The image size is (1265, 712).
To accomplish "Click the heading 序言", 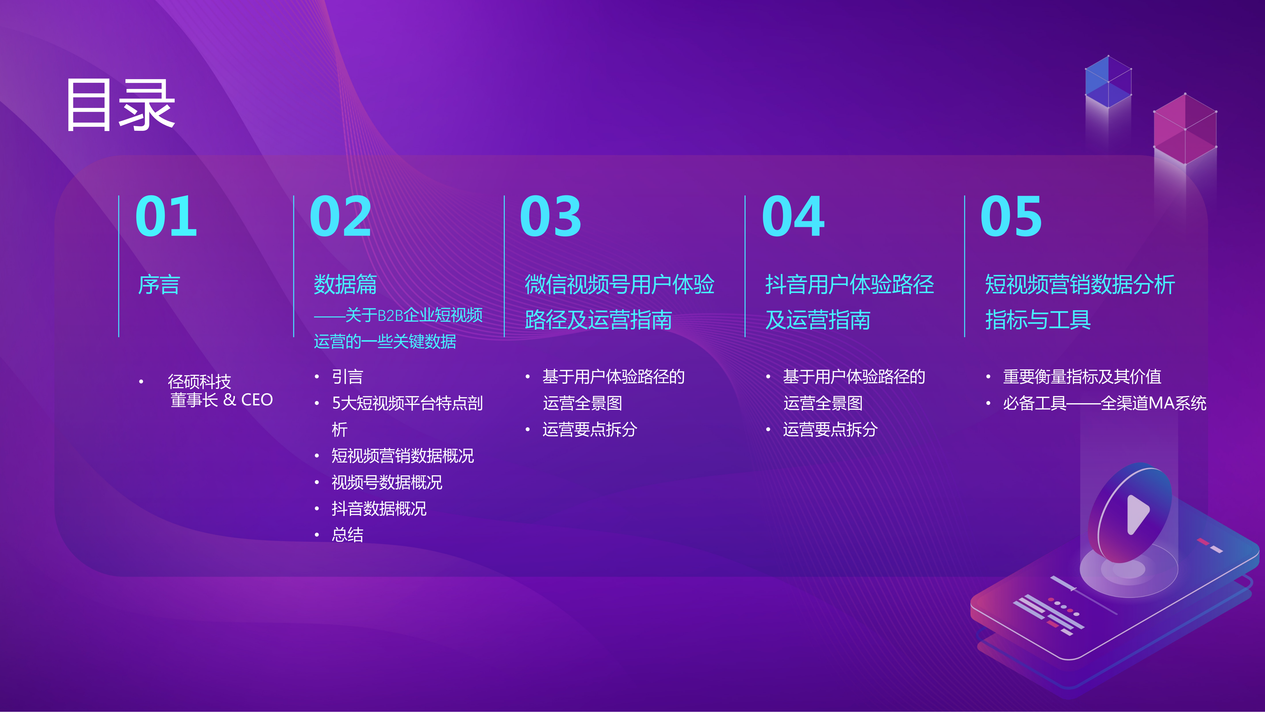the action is (x=159, y=285).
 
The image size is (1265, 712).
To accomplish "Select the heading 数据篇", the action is (x=345, y=285).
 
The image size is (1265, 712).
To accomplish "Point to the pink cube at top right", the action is (x=1185, y=129).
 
